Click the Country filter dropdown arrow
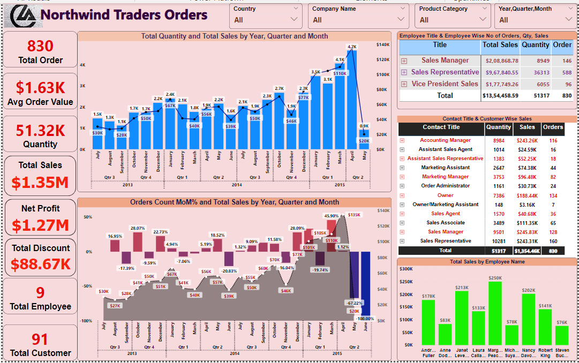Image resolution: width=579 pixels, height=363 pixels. (x=293, y=19)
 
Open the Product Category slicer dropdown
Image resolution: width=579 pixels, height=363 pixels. (x=484, y=19)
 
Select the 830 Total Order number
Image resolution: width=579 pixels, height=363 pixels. (x=40, y=46)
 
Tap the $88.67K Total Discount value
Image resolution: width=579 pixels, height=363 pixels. (x=41, y=264)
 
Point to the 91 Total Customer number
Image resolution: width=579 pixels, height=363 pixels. (x=40, y=339)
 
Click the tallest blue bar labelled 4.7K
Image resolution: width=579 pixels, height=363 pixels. (x=352, y=96)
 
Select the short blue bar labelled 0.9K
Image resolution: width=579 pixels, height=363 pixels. (x=364, y=139)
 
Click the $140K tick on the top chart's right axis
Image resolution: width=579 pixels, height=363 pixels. (x=383, y=44)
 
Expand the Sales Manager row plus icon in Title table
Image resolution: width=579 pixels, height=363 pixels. (x=404, y=61)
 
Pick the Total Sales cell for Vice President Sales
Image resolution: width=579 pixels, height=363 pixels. (x=500, y=84)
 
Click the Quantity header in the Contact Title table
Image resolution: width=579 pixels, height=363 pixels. (x=498, y=127)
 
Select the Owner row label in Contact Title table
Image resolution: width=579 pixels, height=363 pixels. (x=445, y=195)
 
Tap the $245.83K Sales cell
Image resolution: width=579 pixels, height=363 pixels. (x=527, y=232)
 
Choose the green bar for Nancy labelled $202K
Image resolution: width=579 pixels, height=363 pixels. (x=529, y=319)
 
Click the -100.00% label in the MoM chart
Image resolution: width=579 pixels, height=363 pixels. (x=365, y=319)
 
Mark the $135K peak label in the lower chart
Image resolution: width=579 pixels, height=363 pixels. (x=354, y=215)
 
